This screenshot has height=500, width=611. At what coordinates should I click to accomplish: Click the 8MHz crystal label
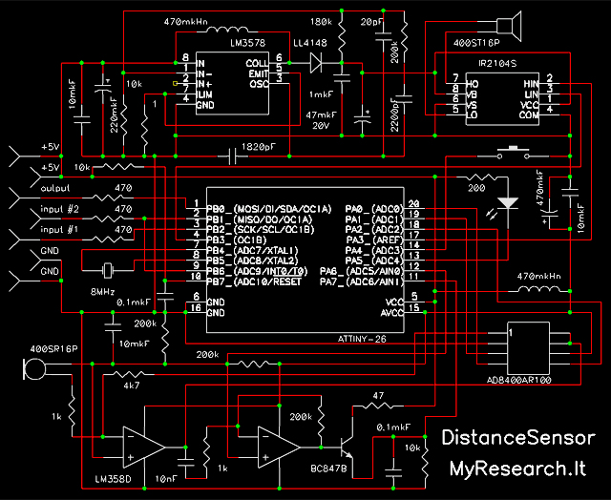click(103, 290)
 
